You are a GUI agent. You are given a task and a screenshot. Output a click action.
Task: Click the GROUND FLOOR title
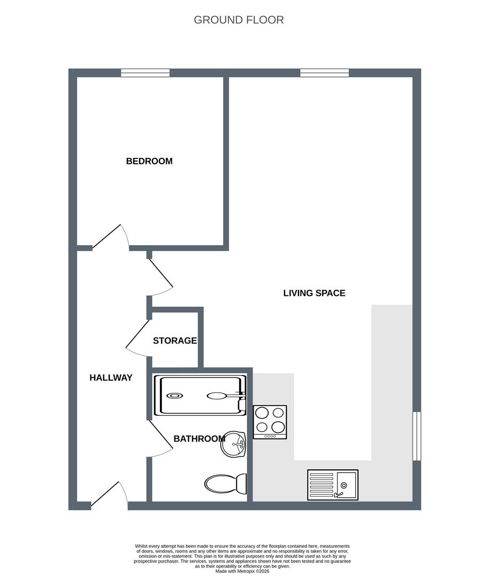[239, 20]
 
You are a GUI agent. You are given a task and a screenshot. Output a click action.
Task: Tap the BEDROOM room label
[149, 161]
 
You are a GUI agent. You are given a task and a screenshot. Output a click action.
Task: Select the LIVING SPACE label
[314, 293]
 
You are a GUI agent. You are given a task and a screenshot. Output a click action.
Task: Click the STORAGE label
[175, 341]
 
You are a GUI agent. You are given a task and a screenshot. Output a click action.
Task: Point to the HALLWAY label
[111, 378]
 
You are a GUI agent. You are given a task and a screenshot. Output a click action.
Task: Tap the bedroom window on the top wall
[145, 73]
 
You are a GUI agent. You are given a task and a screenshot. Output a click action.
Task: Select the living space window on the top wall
[324, 73]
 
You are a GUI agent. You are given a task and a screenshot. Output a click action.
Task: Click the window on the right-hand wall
[417, 436]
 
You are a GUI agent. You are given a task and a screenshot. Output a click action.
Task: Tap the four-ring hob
[270, 422]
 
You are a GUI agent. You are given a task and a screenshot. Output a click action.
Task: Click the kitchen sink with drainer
[332, 485]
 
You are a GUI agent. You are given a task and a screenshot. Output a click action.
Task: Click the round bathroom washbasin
[234, 444]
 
